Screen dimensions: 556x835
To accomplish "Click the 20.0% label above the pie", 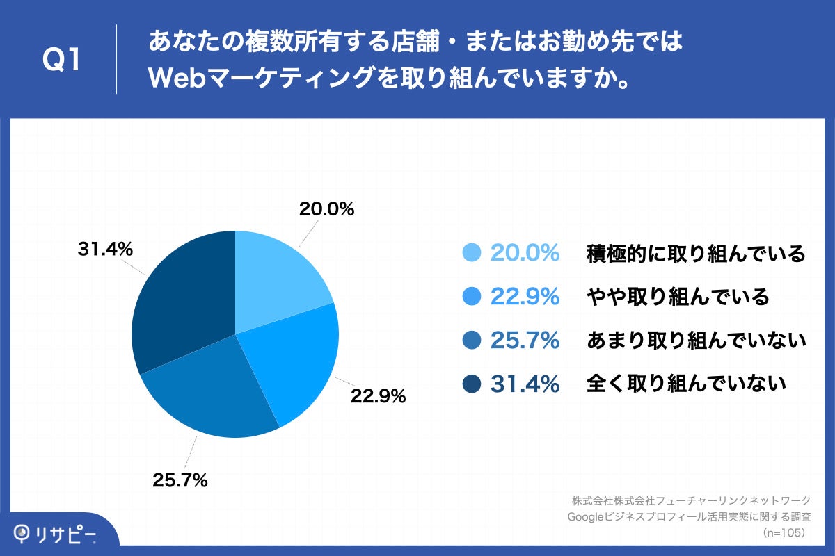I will [326, 208].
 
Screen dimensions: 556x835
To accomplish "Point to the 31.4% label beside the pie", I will [105, 249].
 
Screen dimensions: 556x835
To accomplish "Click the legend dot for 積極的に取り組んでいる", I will [472, 254].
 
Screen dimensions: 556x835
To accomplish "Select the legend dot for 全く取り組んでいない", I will [472, 383].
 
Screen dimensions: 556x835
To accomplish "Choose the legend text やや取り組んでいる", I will [678, 297].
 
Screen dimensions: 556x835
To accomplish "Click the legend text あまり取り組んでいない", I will [696, 341].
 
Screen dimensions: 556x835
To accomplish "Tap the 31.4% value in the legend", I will [525, 384].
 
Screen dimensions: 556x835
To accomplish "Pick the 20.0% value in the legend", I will [525, 254].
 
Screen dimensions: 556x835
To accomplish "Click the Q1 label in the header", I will [63, 60].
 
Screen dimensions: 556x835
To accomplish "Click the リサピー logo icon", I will [24, 533].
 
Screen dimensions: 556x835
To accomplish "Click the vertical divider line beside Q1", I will [116, 60].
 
